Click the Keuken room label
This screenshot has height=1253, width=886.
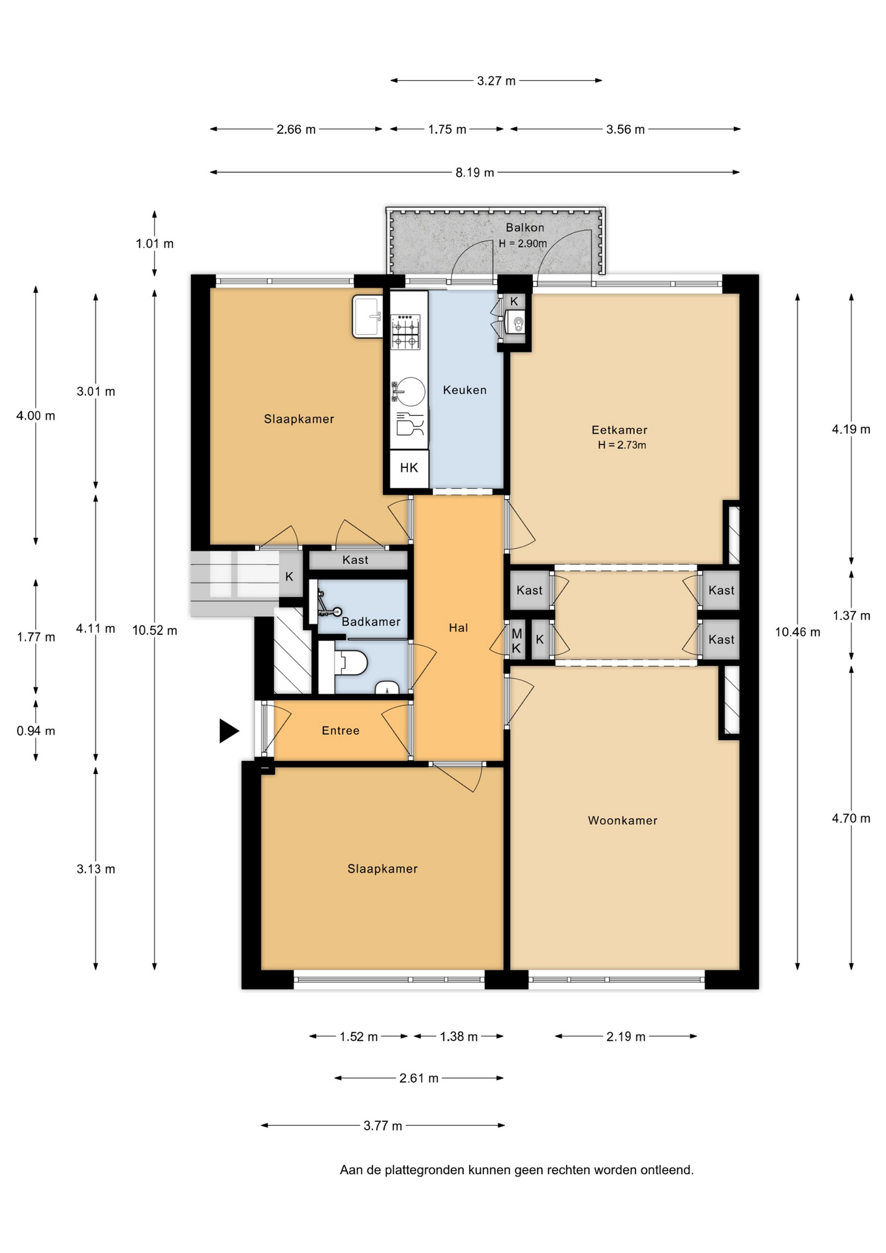[465, 390]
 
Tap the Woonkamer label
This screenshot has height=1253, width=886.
[622, 820]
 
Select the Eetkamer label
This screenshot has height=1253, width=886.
[619, 429]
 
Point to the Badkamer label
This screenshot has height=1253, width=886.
[371, 621]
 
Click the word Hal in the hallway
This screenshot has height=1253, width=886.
[458, 627]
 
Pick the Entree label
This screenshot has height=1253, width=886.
[341, 730]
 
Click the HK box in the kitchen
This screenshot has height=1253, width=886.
[409, 468]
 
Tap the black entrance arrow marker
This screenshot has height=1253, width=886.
[229, 730]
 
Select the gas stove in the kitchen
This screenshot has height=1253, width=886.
[405, 332]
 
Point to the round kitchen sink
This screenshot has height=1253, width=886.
[410, 391]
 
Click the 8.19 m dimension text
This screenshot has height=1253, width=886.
[474, 172]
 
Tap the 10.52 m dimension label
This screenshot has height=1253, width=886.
[155, 630]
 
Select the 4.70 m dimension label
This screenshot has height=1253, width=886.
[851, 818]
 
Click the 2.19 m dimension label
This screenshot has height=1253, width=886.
[626, 1036]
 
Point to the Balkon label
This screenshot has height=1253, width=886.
[525, 227]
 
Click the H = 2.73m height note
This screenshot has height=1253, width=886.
[622, 445]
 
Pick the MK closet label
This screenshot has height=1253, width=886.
[517, 641]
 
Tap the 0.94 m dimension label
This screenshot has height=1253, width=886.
[36, 731]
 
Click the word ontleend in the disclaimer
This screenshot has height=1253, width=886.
[667, 1170]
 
